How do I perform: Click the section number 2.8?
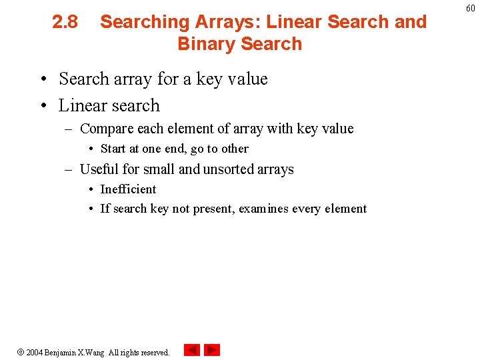tap(65, 22)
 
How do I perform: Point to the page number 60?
tap(470, 8)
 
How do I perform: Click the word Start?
tap(113, 149)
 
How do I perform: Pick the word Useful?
tap(99, 169)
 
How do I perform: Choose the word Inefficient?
tap(128, 189)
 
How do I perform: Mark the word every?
tap(307, 209)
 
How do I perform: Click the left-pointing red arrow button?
tap(191, 350)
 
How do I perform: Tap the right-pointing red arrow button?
tap(212, 350)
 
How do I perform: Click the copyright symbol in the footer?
tap(21, 352)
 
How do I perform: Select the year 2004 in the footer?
tap(34, 352)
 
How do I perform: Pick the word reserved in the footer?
tap(155, 352)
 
